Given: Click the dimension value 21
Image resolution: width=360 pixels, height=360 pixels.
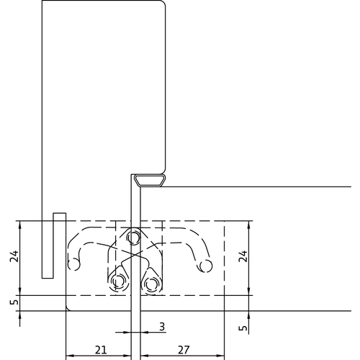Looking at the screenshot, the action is [101, 350].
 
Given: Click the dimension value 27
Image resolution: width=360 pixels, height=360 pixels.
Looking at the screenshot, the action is [184, 350].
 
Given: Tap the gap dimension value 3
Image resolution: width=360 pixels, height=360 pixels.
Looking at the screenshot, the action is [162, 327].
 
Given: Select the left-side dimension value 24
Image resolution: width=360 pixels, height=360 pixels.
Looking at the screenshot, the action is [14, 256].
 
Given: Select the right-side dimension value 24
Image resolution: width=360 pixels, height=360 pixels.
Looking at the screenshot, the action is [243, 256].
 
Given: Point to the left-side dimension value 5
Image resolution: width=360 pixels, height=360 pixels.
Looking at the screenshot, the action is [14, 302].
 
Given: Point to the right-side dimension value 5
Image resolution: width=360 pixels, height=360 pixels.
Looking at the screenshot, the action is [243, 328].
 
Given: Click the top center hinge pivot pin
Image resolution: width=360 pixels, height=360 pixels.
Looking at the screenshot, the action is [133, 238].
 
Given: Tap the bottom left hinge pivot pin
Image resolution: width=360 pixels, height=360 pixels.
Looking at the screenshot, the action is [118, 280].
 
